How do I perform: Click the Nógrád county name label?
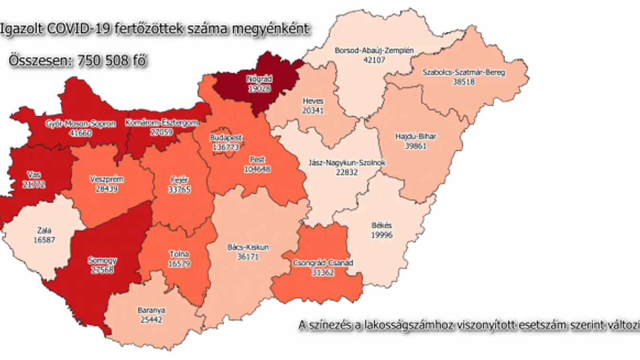point(259,79)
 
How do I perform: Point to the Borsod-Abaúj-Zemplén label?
point(374,50)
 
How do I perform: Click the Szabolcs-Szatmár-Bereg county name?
point(463,73)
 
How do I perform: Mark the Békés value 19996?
point(382,235)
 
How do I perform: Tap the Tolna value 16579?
point(179,263)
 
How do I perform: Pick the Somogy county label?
point(102,260)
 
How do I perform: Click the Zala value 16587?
point(45,240)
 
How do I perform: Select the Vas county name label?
point(33,175)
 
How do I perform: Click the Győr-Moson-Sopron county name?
point(80,123)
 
